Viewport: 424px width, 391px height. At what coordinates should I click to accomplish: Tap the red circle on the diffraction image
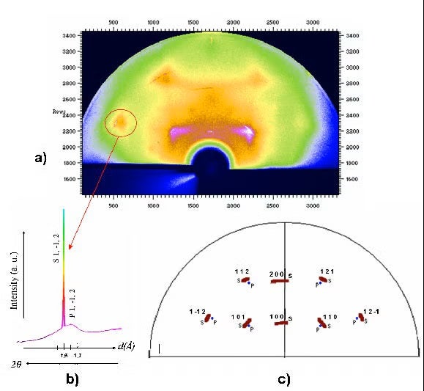click(x=120, y=121)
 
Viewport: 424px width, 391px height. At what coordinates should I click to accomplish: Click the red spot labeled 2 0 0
click(x=278, y=281)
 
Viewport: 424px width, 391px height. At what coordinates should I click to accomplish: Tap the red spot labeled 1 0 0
click(x=278, y=322)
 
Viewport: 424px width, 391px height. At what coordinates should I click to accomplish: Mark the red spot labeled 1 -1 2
click(x=207, y=318)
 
